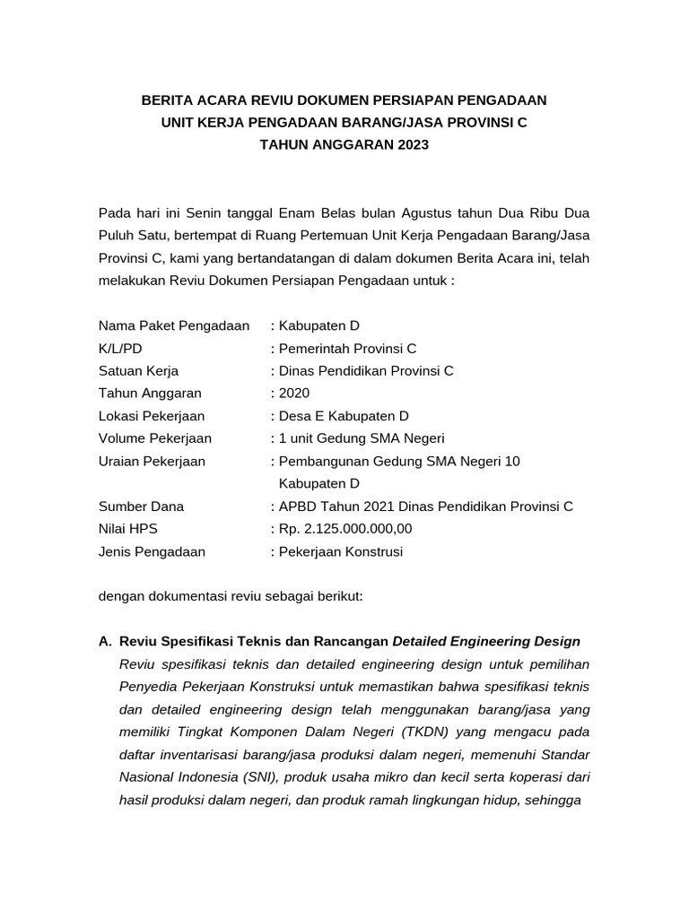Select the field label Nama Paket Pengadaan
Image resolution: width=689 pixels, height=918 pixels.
[174, 326]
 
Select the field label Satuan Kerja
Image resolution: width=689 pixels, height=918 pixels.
[139, 371]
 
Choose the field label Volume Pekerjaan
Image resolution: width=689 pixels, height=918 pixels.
[155, 438]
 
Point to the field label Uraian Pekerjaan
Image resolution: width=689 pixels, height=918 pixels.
[152, 462]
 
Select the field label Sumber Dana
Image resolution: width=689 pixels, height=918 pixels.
[141, 507]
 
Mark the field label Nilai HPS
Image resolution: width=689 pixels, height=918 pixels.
[127, 529]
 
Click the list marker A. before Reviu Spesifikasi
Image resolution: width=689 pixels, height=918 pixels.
[105, 642]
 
